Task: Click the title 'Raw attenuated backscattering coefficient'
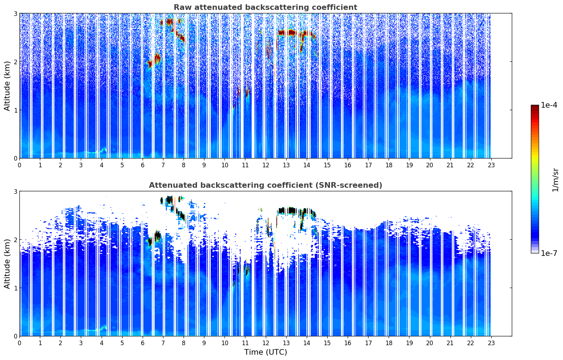click(x=265, y=7)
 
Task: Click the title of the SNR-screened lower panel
click(x=265, y=185)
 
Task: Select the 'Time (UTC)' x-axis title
click(x=265, y=352)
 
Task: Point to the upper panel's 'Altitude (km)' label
click(x=7, y=86)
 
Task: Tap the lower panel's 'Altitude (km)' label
click(x=7, y=264)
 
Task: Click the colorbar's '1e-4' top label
click(x=549, y=105)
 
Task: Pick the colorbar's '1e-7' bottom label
click(x=549, y=253)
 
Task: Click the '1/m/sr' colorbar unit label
click(x=555, y=180)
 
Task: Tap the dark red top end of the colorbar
click(x=534, y=107)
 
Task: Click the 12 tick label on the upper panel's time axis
click(x=265, y=165)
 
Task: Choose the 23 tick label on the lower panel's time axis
click(x=491, y=343)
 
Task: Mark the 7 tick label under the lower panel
click(x=163, y=343)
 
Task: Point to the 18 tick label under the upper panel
click(x=389, y=165)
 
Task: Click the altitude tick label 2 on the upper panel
click(x=15, y=62)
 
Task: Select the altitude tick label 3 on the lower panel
click(x=15, y=191)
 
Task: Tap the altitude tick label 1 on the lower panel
click(x=15, y=288)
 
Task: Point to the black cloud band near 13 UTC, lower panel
click(x=291, y=211)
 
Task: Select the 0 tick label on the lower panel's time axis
click(x=19, y=343)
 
